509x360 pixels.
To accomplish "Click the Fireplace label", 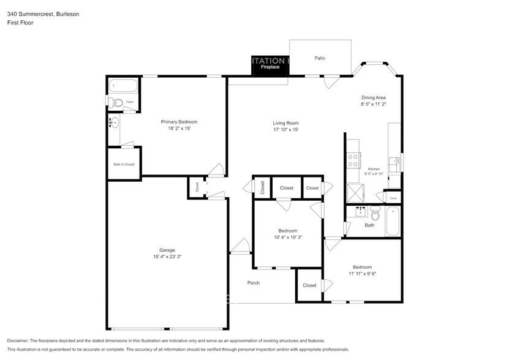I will point(270,67).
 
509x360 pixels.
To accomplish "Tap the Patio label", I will point(320,58).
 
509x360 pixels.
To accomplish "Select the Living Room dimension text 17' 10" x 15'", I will point(286,129).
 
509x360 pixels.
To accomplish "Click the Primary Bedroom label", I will point(179,122).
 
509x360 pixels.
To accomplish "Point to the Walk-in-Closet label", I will point(124,164).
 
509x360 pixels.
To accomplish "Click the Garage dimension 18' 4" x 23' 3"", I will point(167,257).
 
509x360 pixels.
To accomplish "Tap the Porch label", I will point(253,283).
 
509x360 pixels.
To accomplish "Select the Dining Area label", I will point(373,97).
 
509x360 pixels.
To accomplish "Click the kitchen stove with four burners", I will point(353,160).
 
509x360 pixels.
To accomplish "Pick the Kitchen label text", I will point(374,169).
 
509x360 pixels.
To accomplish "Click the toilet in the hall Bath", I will point(375,214).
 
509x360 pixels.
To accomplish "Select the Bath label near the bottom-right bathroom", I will point(369,225).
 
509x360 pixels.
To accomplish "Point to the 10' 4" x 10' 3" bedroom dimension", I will point(288,237).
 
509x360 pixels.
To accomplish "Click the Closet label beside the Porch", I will point(309,285).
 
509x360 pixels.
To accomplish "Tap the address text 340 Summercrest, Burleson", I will point(34,13).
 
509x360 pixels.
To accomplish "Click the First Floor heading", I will point(20,23).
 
